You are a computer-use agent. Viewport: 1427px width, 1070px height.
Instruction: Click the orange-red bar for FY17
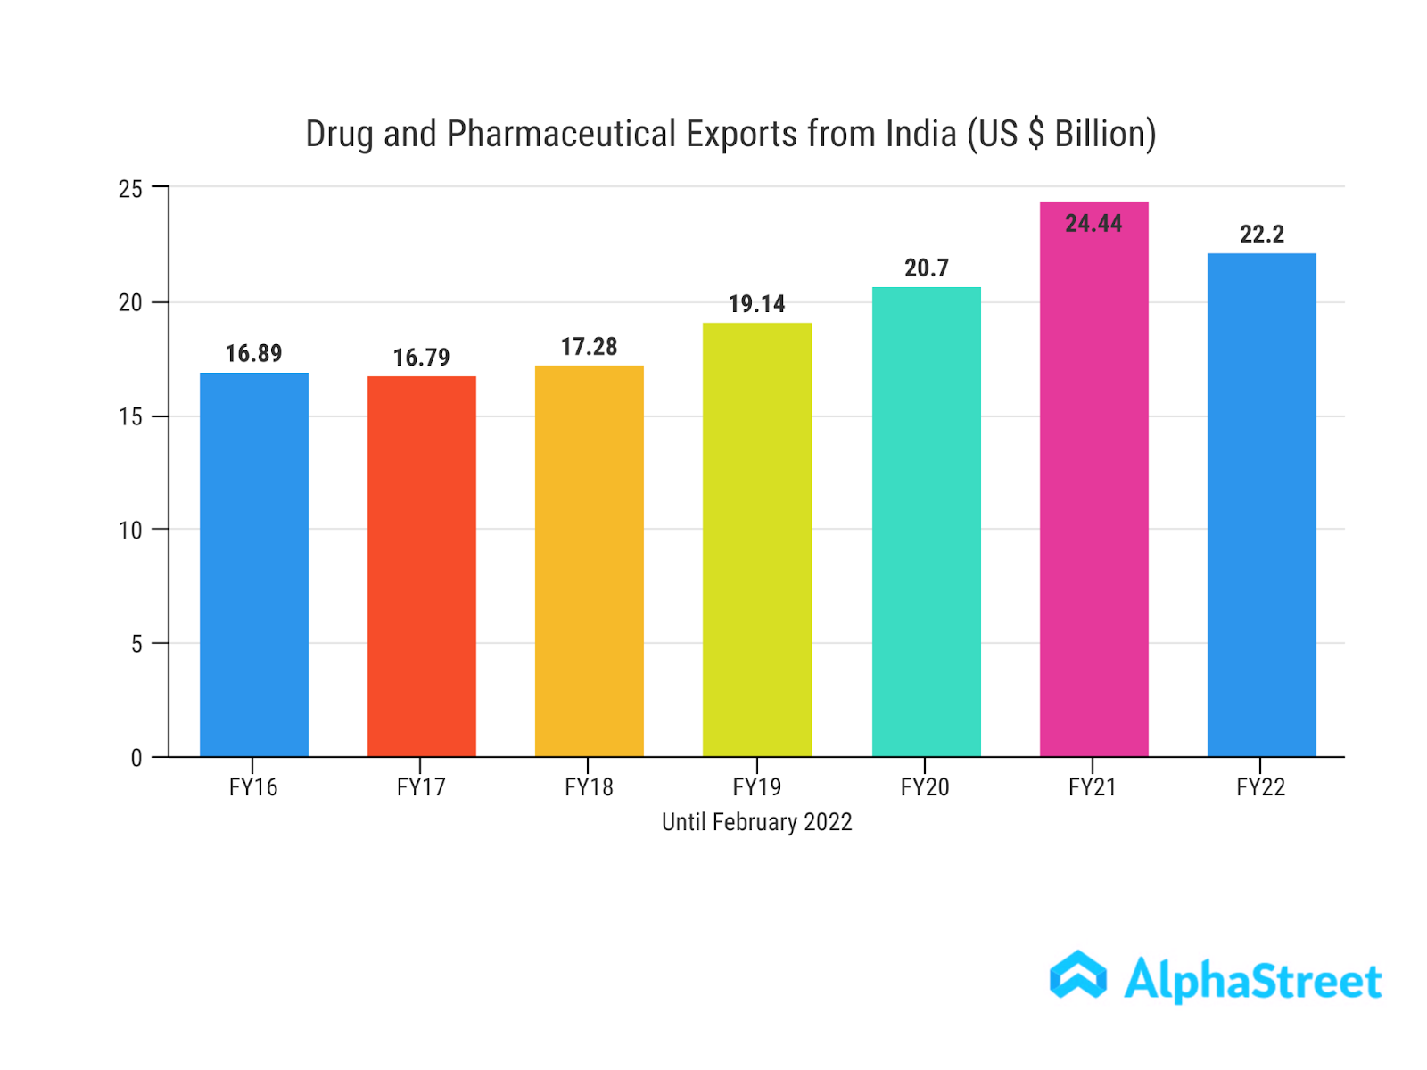click(x=421, y=566)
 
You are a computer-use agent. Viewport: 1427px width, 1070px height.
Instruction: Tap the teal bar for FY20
click(x=926, y=522)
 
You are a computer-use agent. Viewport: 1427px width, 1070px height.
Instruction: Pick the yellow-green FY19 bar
click(x=756, y=539)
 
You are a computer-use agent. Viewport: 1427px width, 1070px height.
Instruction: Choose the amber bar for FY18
click(x=589, y=562)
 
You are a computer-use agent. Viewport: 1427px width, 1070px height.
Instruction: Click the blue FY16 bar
click(x=253, y=564)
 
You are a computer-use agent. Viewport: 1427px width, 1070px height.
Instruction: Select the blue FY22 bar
click(x=1261, y=505)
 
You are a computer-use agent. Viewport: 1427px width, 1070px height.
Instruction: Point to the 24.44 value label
click(x=1093, y=223)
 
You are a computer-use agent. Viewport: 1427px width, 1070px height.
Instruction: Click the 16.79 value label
click(x=421, y=358)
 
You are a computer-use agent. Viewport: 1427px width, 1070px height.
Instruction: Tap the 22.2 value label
click(x=1261, y=235)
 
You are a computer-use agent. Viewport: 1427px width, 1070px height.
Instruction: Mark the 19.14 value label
click(x=756, y=304)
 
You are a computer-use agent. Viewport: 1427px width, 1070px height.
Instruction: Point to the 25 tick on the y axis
click(x=130, y=189)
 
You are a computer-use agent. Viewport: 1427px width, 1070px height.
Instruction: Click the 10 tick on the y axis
click(x=130, y=531)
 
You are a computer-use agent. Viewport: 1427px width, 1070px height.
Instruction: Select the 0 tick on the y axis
click(x=136, y=758)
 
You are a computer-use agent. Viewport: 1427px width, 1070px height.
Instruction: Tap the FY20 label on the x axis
click(x=925, y=787)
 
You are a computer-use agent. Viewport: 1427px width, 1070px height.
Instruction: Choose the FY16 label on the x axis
click(x=253, y=787)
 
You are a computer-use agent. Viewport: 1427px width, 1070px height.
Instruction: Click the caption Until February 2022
click(x=756, y=822)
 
